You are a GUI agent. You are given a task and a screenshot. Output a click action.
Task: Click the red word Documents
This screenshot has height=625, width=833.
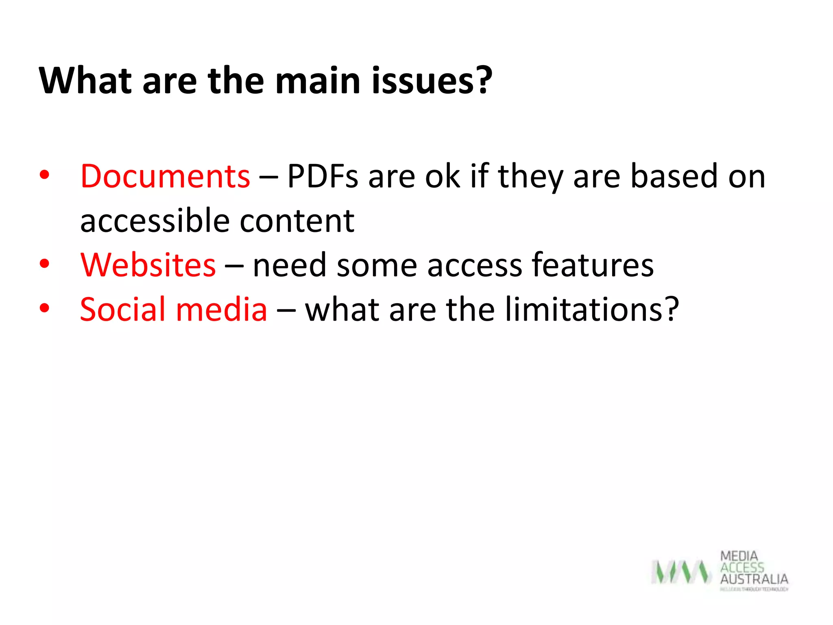point(165,176)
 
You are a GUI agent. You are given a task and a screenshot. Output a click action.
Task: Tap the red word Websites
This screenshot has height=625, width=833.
point(148,265)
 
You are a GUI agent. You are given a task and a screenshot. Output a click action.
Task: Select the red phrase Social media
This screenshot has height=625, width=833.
point(174,309)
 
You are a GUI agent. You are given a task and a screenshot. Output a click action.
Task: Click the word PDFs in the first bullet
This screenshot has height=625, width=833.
point(323,176)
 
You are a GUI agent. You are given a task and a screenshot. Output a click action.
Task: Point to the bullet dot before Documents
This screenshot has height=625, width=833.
point(44,175)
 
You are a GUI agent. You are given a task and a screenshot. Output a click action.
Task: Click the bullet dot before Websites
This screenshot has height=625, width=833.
point(44,264)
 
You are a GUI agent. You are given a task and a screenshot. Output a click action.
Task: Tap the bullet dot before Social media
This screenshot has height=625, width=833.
point(44,308)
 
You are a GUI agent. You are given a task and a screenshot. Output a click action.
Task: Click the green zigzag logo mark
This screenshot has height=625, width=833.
point(681,572)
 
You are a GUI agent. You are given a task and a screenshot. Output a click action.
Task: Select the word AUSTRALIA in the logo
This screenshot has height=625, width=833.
point(754,579)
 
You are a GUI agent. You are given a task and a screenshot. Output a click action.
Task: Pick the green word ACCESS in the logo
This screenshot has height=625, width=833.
point(742,567)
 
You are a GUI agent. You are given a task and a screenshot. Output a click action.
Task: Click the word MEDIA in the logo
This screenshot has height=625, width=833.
point(739,556)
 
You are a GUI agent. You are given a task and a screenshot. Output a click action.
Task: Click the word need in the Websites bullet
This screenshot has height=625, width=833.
point(290,265)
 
